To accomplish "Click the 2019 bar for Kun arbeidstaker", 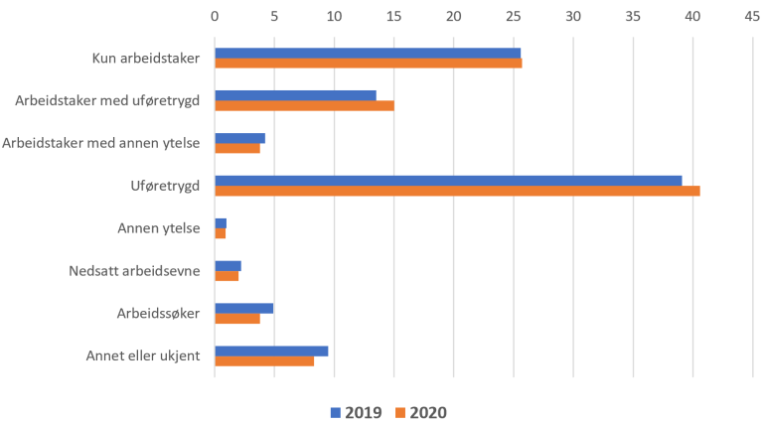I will pos(368,53).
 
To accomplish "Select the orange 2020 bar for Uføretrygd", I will pos(457,191).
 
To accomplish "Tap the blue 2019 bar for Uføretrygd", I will pos(448,180).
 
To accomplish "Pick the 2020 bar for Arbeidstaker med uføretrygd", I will pos(304,105).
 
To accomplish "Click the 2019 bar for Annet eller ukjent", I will pos(271,351).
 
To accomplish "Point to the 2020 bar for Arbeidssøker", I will pos(237,319).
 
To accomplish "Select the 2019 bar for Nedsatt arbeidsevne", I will pos(228,265).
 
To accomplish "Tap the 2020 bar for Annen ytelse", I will pos(221,233).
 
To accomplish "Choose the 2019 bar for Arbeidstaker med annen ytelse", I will pos(239,138).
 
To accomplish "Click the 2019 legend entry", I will pos(354,411).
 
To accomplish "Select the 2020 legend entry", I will pos(423,411).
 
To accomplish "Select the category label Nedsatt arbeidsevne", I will pos(135,270).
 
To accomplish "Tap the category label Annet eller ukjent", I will pos(143,355).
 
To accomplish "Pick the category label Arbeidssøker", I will pos(159,313).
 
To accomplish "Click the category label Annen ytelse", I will pos(159,228).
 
